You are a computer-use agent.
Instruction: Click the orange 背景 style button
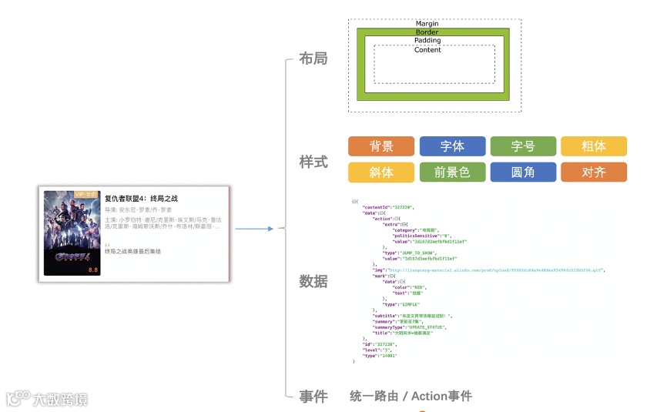[380, 146]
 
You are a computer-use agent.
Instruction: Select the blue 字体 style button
[452, 146]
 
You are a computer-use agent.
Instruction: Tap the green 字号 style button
[523, 146]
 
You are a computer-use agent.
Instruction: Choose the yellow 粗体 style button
[593, 146]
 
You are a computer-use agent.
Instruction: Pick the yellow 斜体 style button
[380, 173]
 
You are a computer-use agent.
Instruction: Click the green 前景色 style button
[452, 173]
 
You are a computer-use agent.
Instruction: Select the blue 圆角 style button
[523, 173]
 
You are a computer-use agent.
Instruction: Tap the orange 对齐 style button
[593, 173]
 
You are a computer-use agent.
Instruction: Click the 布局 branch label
[313, 59]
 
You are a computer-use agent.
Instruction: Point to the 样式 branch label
[313, 162]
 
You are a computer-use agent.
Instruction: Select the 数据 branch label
[313, 281]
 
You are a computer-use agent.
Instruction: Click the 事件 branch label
[313, 397]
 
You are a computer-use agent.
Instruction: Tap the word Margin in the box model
[427, 24]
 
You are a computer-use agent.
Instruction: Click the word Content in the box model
[427, 50]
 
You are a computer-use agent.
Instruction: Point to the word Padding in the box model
[427, 41]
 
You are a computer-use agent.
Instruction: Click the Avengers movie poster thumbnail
[72, 233]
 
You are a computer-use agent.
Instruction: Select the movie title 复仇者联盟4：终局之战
[142, 199]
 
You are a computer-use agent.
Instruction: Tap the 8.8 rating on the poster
[93, 270]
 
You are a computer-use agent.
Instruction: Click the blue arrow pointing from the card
[253, 229]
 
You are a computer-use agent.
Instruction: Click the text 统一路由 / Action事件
[411, 397]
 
